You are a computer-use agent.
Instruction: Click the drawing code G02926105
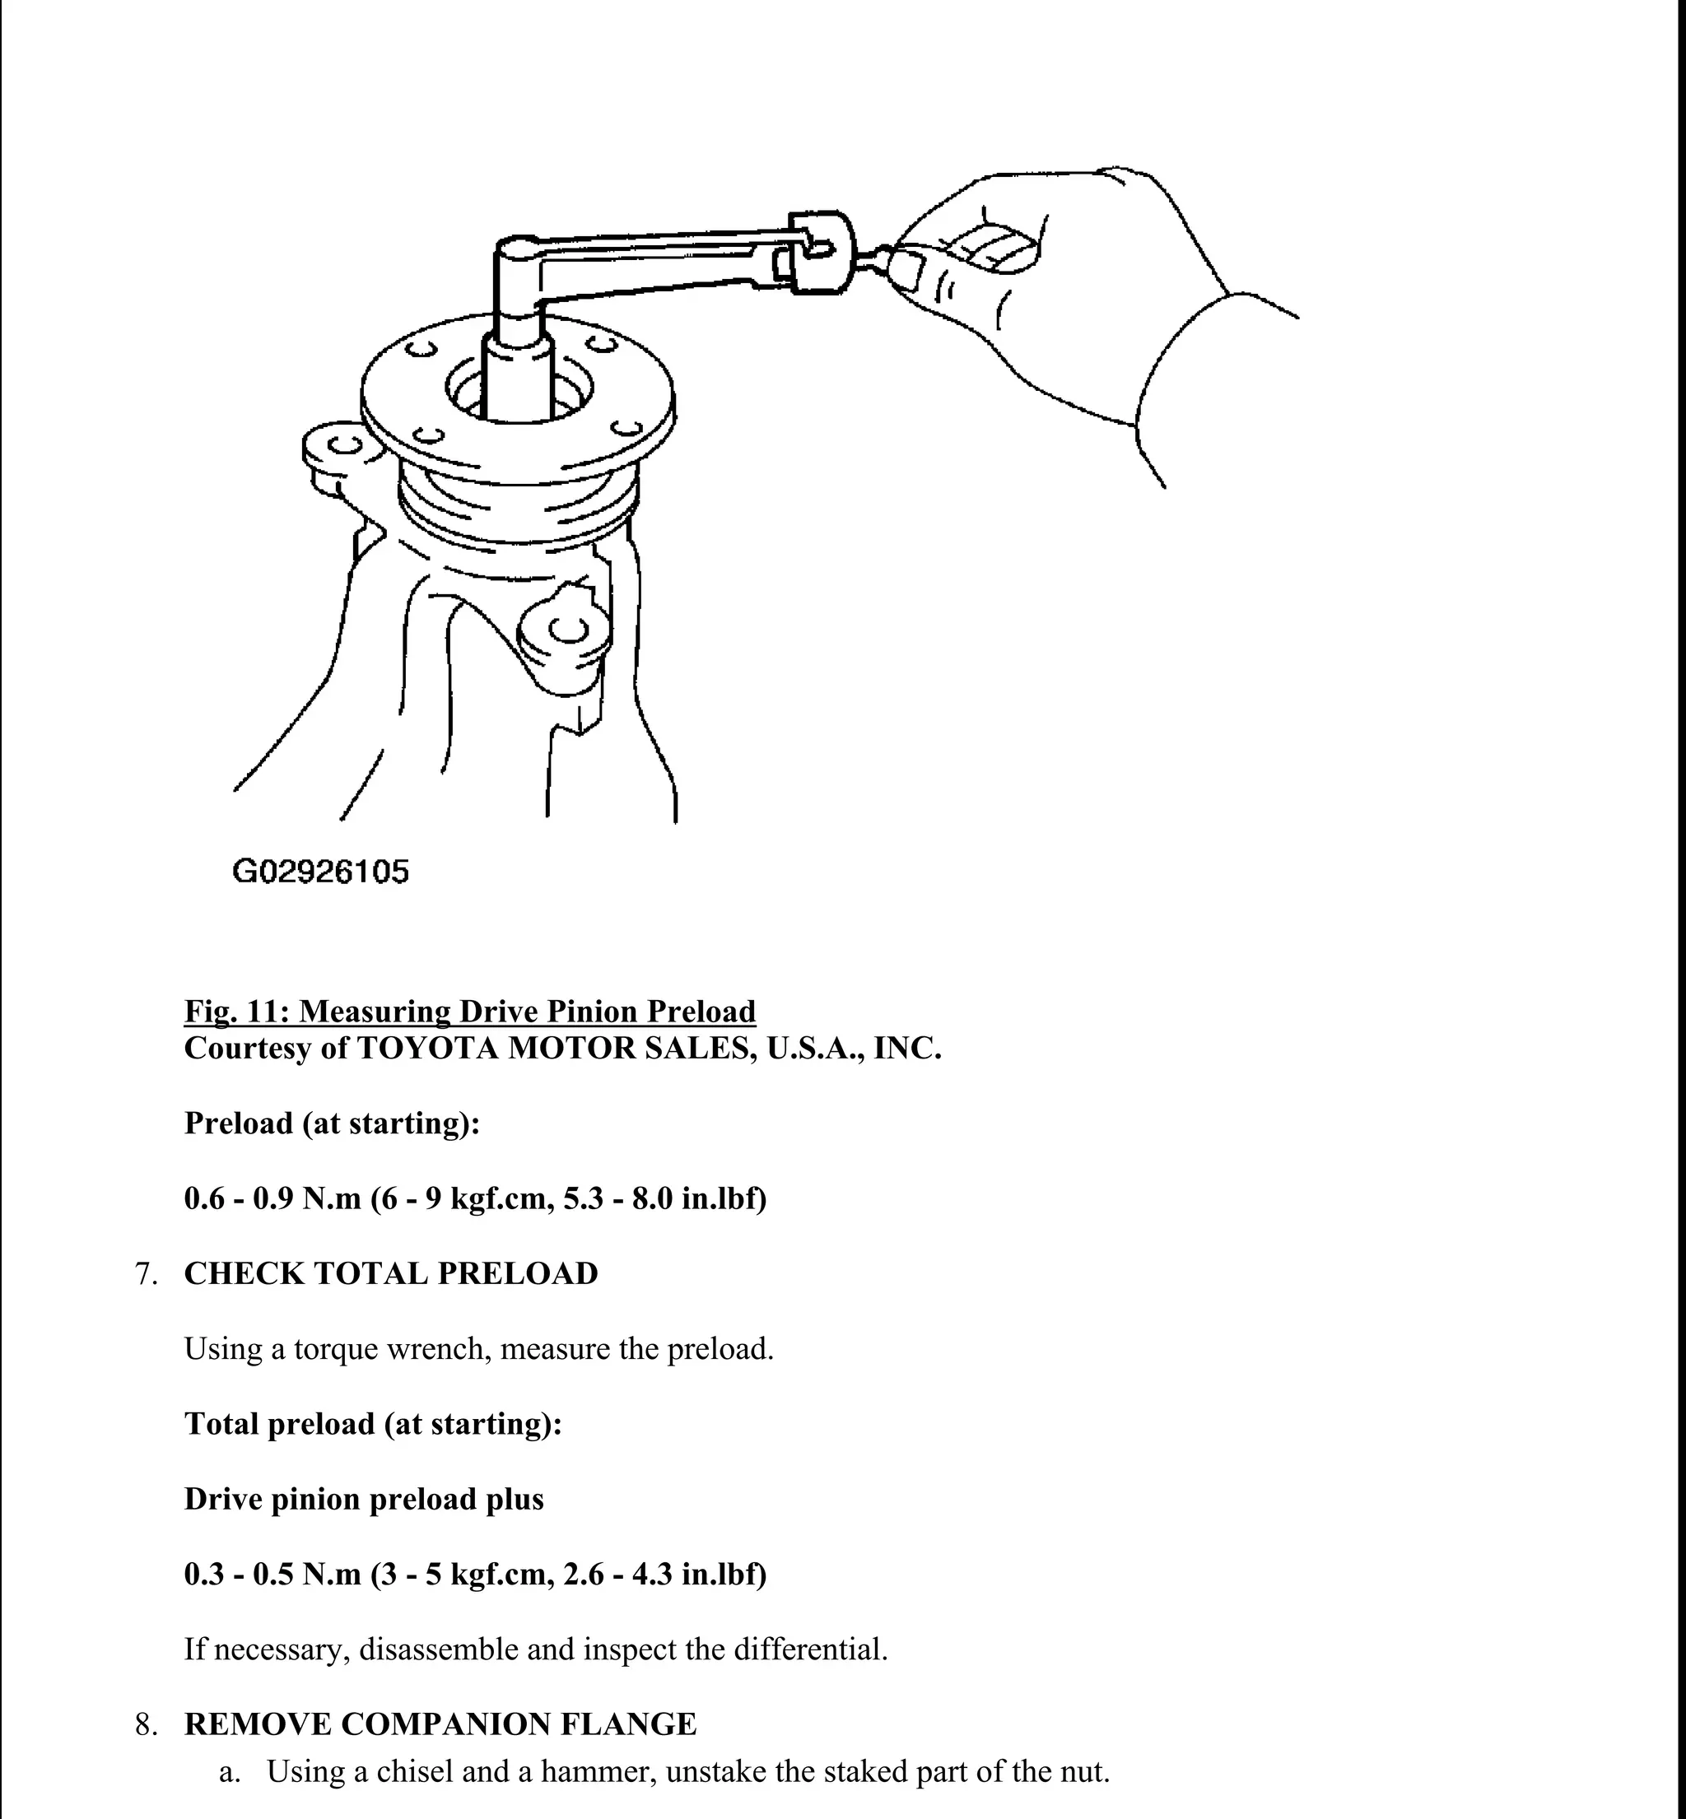pos(320,872)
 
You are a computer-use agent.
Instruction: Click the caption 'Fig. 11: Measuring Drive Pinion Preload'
pos(470,1011)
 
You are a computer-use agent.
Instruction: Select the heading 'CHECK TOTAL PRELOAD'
pos(390,1273)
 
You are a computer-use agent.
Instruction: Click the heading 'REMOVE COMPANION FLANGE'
pos(440,1724)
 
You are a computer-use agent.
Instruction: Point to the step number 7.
pos(145,1273)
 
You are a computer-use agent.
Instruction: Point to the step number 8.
pos(145,1724)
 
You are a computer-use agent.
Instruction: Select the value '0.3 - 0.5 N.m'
pos(272,1575)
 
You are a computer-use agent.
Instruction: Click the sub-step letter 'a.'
pos(230,1771)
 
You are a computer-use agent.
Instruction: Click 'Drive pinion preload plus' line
pos(363,1499)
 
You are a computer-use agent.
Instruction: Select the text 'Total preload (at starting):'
pos(372,1423)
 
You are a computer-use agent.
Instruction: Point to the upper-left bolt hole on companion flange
pos(421,349)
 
